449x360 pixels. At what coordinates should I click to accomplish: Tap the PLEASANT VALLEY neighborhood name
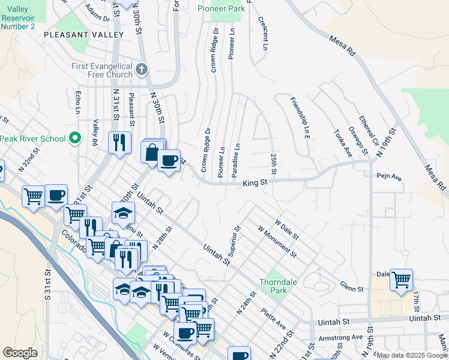[x=83, y=35]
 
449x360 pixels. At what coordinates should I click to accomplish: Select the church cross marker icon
[x=142, y=70]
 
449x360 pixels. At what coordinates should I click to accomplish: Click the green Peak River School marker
[x=75, y=139]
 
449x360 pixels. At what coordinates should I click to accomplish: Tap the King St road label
[x=255, y=184]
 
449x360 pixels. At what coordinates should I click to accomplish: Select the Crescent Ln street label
[x=262, y=33]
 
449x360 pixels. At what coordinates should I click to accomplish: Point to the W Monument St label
[x=277, y=241]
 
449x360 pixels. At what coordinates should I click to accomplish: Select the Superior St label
[x=233, y=240]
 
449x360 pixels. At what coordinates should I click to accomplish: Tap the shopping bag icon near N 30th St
[x=152, y=151]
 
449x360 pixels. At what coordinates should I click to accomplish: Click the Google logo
[x=20, y=352]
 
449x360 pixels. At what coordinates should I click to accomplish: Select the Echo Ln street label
[x=77, y=103]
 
